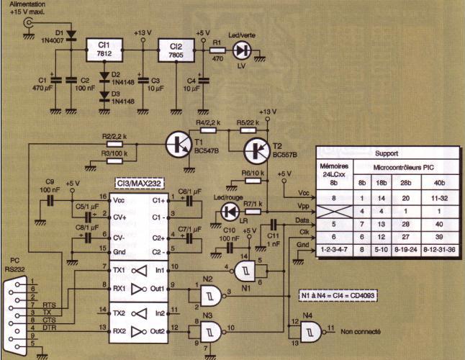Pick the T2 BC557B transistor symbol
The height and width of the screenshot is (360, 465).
257,150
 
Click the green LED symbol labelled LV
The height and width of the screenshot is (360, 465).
243,50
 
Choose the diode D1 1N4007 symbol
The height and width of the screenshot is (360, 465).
71,35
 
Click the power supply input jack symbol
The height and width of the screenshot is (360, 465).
30,23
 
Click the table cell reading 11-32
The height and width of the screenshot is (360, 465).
438,196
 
